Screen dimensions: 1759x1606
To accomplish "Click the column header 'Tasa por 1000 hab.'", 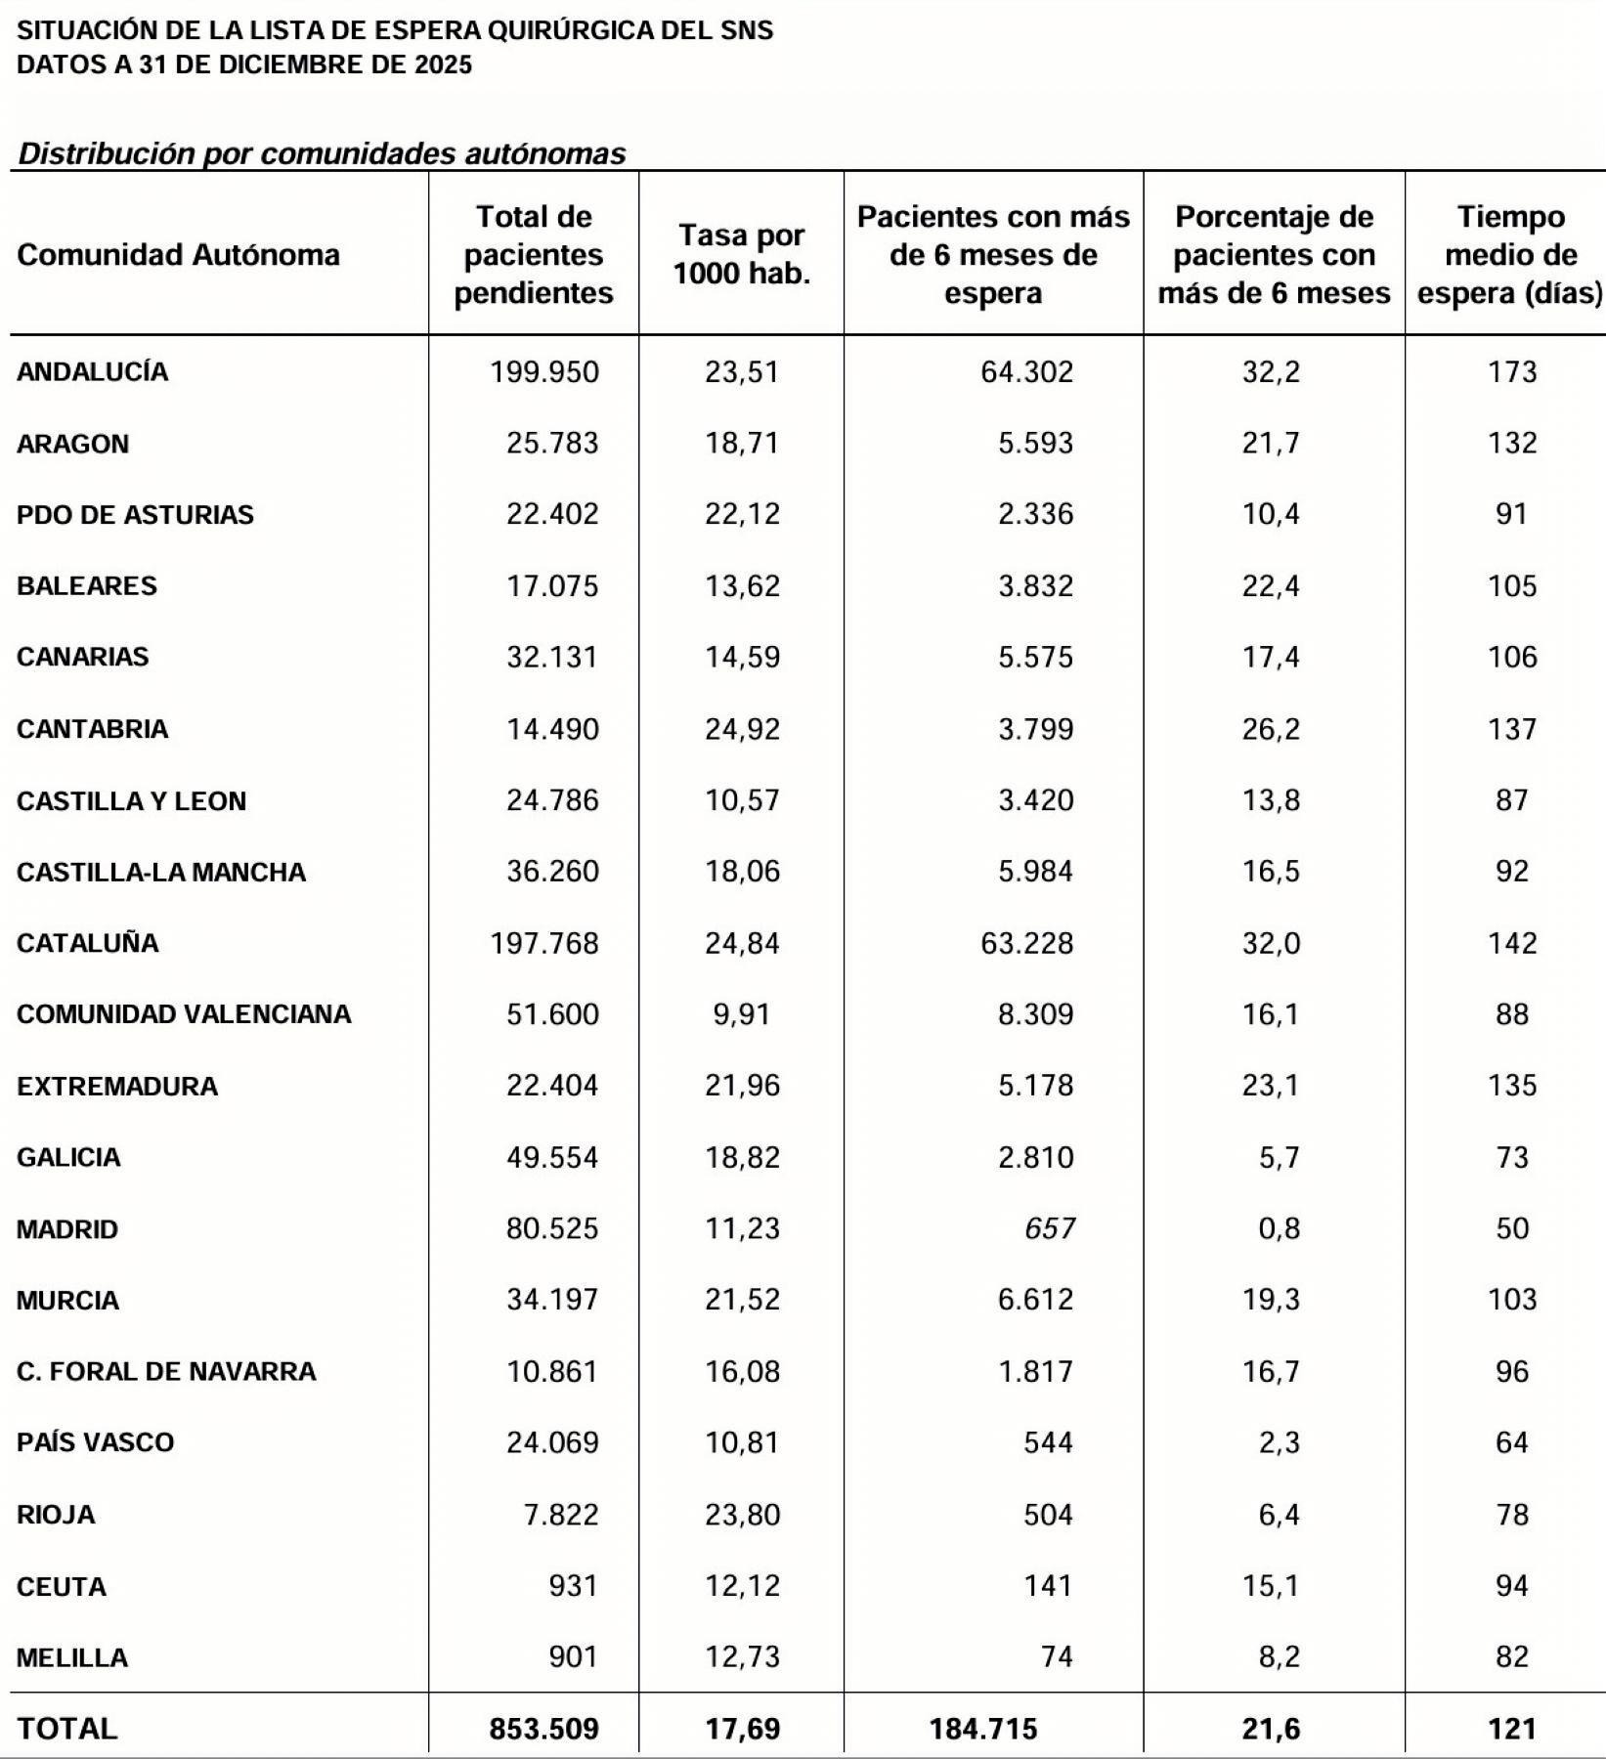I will click(742, 254).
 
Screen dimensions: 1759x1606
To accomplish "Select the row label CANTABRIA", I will click(93, 729).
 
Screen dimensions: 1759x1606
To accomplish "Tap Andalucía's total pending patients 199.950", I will click(544, 372).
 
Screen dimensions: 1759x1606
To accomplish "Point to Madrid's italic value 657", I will click(1050, 1228).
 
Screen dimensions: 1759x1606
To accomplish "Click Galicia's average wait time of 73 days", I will click(1511, 1157).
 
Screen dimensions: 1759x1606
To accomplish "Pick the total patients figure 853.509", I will click(543, 1729).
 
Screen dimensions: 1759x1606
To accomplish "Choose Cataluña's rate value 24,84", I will click(742, 943).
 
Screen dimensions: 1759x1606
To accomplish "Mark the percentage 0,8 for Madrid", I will click(1279, 1228).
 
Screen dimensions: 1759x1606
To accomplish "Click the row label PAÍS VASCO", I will click(96, 1442).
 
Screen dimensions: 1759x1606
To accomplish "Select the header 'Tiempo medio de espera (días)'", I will click(1510, 254).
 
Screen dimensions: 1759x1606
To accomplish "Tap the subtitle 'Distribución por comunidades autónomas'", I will click(323, 153).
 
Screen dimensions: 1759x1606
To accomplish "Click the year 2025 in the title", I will click(442, 64).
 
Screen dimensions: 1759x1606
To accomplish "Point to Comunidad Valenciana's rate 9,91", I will click(742, 1014).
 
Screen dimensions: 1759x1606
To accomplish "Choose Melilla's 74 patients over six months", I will click(1057, 1657).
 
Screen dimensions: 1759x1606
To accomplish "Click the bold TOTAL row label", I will click(67, 1729).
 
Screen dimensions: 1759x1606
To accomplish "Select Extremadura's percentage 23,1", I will click(1271, 1086).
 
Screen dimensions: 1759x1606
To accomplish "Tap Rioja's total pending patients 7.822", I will click(561, 1515).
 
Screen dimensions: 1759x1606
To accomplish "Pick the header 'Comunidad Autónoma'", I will click(179, 255).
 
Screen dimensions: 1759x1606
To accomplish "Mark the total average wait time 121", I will click(1511, 1729).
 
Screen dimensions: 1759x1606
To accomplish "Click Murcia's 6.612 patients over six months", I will click(1035, 1300).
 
